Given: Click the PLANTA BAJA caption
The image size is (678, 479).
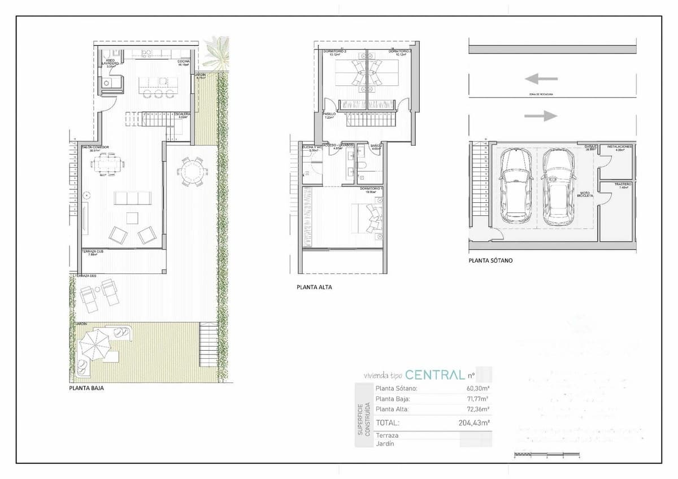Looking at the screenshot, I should [x=86, y=389].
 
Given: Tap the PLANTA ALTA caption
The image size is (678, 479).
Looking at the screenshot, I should [x=314, y=287].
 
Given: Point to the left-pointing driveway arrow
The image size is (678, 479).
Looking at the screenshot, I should [x=541, y=79].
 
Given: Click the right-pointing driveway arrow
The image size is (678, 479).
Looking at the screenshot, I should [x=541, y=116].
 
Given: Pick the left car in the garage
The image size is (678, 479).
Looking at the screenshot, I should [x=516, y=184].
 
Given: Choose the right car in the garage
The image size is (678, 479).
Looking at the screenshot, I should [x=558, y=185].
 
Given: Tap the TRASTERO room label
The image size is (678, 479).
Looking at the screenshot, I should [x=623, y=185].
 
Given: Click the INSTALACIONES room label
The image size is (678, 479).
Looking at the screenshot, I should [x=620, y=146].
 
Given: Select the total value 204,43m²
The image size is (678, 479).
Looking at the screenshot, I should [x=473, y=423].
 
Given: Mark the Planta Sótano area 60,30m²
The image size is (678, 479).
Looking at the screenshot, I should [x=478, y=389].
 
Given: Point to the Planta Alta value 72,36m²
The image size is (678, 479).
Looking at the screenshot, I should [x=478, y=409].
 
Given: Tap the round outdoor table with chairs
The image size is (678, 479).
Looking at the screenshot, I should [x=192, y=170].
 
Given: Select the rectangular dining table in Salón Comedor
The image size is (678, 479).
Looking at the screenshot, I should [x=107, y=165].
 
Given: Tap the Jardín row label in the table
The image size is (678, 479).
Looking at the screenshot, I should [x=384, y=444].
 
